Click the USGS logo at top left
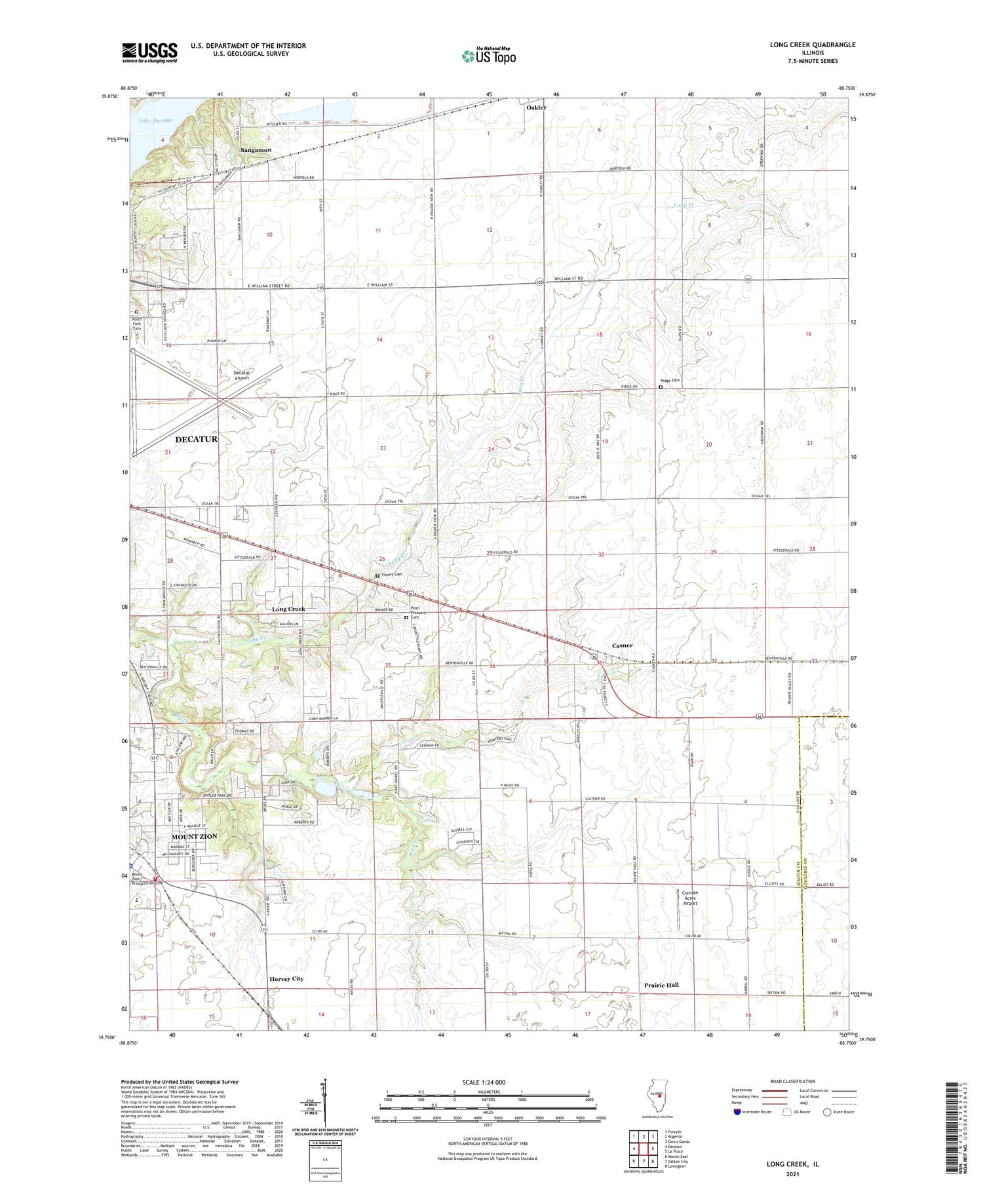149,52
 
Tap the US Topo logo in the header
489,56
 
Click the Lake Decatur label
155,121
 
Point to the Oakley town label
536,107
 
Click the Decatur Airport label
242,375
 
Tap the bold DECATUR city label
196,439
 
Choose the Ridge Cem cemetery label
670,381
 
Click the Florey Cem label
392,575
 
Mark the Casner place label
622,645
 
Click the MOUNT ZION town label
194,837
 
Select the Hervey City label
286,978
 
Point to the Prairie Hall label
661,985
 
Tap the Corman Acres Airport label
690,898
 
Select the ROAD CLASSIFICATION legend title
793,1081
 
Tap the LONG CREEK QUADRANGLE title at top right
813,45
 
